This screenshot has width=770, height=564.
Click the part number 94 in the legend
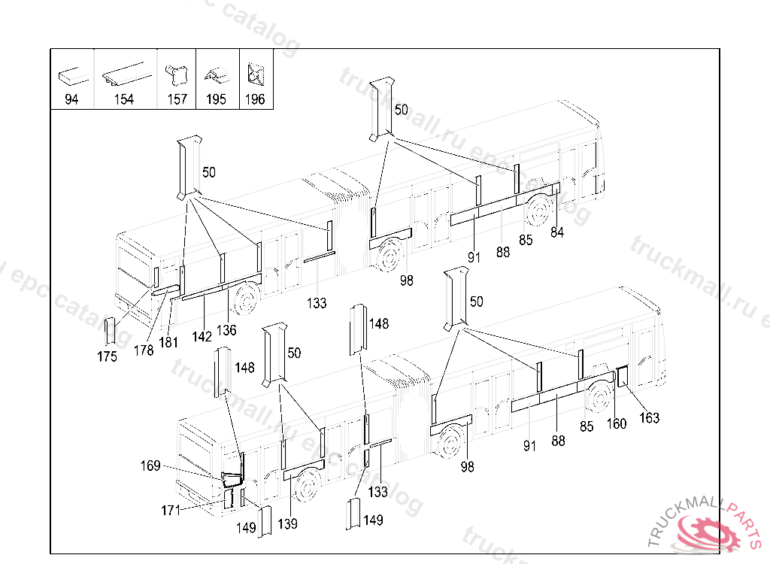coord(71,100)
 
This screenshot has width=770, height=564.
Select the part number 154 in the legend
coord(124,100)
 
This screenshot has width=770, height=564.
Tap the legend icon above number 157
coord(177,74)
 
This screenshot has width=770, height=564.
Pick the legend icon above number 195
coord(216,76)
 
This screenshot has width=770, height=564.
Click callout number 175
coord(108,356)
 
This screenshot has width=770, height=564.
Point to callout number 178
coord(144,350)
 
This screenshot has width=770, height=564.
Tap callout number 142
coord(202,337)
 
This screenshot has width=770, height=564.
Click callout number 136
coord(226,329)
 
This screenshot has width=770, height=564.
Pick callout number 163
coord(649,418)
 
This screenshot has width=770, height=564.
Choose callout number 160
coord(616,424)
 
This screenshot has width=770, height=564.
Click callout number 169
coord(150,466)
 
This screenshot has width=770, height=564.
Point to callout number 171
coord(171,511)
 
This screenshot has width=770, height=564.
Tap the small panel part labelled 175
coord(110,332)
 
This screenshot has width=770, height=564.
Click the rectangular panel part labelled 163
coord(623,376)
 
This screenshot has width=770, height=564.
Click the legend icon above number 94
coord(71,76)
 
